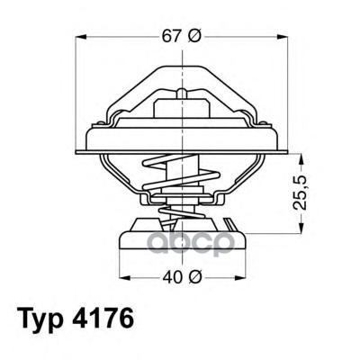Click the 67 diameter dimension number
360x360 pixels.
(172, 37)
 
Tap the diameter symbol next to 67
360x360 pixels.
(195, 37)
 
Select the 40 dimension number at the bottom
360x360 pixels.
(173, 277)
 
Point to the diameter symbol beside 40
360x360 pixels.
(195, 277)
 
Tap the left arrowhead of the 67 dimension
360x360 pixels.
(81, 37)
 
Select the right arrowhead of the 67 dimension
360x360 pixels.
(282, 37)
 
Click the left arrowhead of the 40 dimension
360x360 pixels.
(125, 277)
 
